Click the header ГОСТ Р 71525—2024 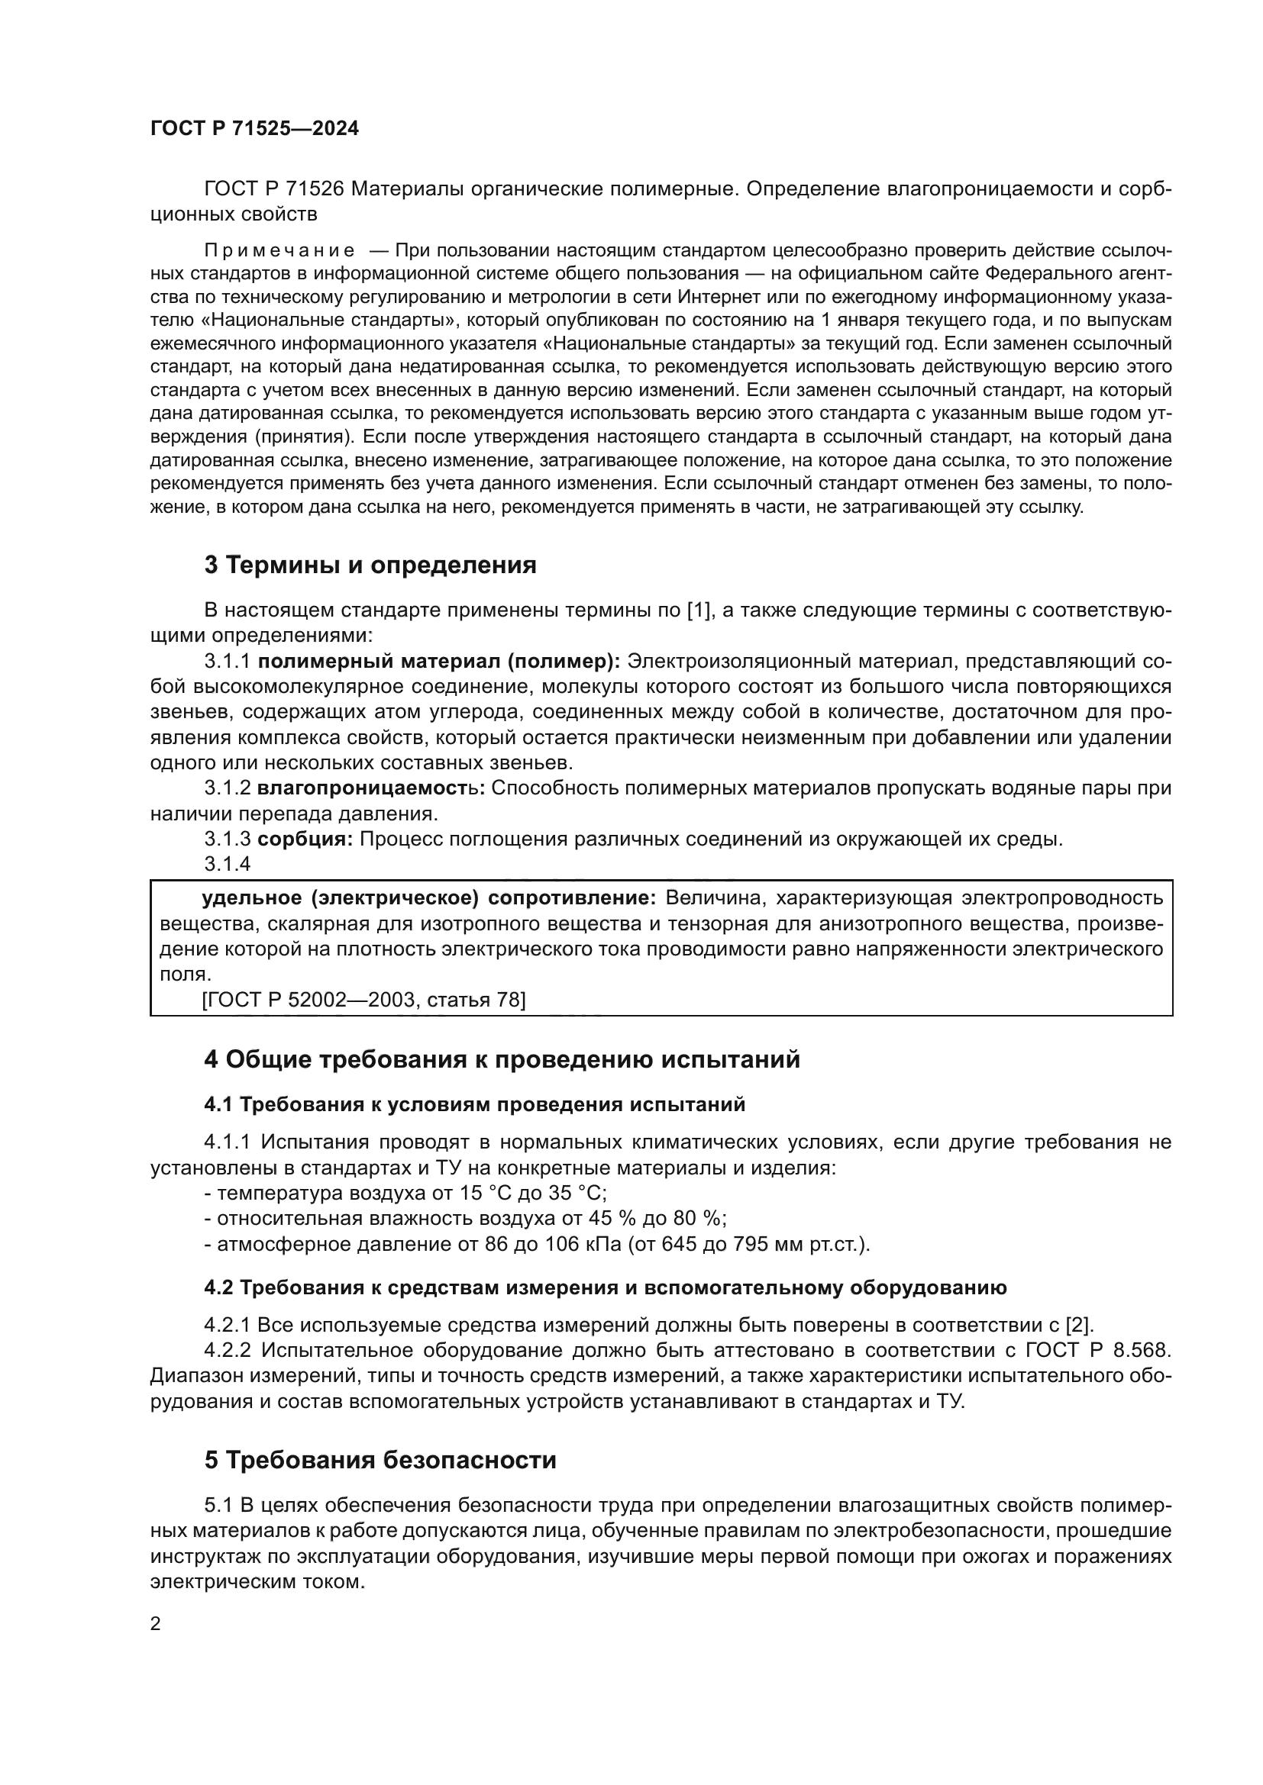pyautogui.click(x=254, y=129)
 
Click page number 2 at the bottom pyautogui.click(x=156, y=1624)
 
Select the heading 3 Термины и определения pyautogui.click(x=370, y=565)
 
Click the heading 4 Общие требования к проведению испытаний pyautogui.click(x=502, y=1060)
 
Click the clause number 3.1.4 pyautogui.click(x=227, y=864)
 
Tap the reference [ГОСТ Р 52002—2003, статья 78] pyautogui.click(x=363, y=1000)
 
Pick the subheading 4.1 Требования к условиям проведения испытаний pyautogui.click(x=474, y=1105)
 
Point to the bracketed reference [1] pyautogui.click(x=699, y=611)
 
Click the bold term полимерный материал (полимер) pyautogui.click(x=438, y=662)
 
